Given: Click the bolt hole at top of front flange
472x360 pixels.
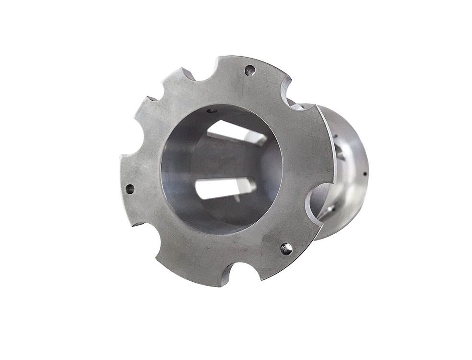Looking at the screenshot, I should [x=249, y=71].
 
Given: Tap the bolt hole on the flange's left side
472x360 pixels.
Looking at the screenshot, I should [x=130, y=189].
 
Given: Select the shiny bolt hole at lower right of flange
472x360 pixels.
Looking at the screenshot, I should [x=286, y=249].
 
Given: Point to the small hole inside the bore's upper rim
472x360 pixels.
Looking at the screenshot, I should [x=210, y=111].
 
